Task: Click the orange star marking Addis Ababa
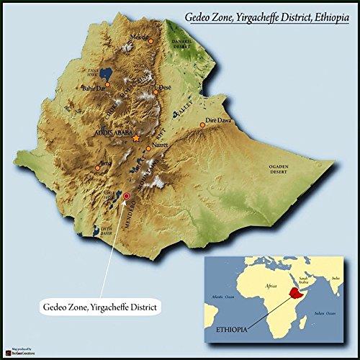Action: coord(136,137)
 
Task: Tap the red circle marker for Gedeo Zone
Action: coord(127,195)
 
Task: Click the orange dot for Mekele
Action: coord(150,42)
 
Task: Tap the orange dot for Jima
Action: coord(97,168)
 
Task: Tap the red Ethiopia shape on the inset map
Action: coord(294,293)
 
